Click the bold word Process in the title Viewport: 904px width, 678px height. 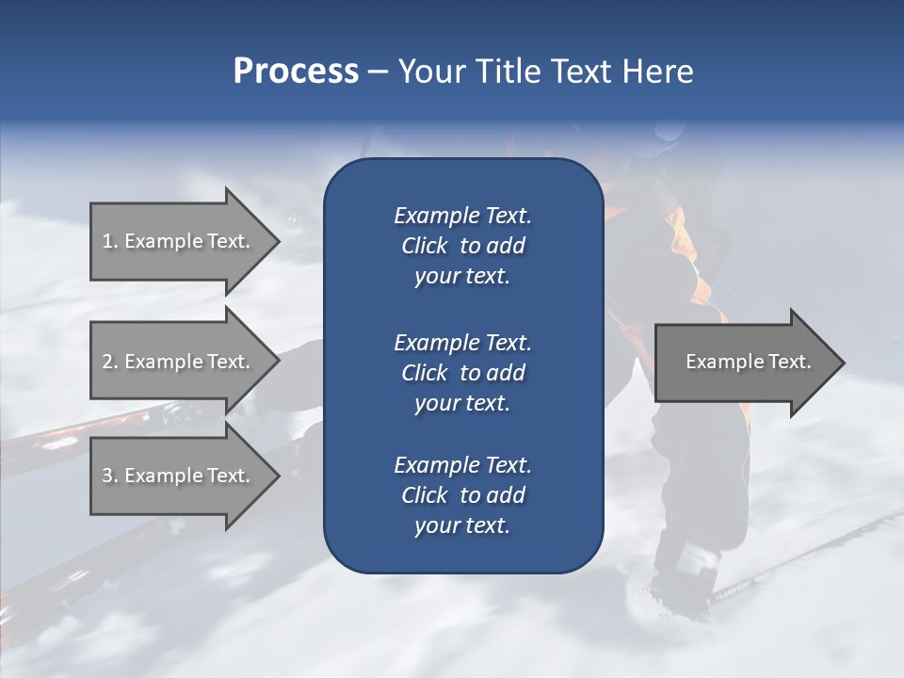[x=296, y=72]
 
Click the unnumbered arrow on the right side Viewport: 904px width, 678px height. [x=748, y=362]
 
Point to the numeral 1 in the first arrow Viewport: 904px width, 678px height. [x=106, y=241]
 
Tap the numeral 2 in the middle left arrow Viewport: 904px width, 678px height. [x=107, y=362]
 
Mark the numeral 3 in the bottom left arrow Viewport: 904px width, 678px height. [x=107, y=476]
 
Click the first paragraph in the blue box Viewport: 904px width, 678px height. [x=462, y=246]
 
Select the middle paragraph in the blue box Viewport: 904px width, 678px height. [x=462, y=372]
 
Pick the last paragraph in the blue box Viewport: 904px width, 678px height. [x=462, y=495]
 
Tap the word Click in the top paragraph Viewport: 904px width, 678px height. [x=424, y=246]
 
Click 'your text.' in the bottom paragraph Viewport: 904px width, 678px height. [x=462, y=525]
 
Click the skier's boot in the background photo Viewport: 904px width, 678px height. [x=683, y=574]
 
